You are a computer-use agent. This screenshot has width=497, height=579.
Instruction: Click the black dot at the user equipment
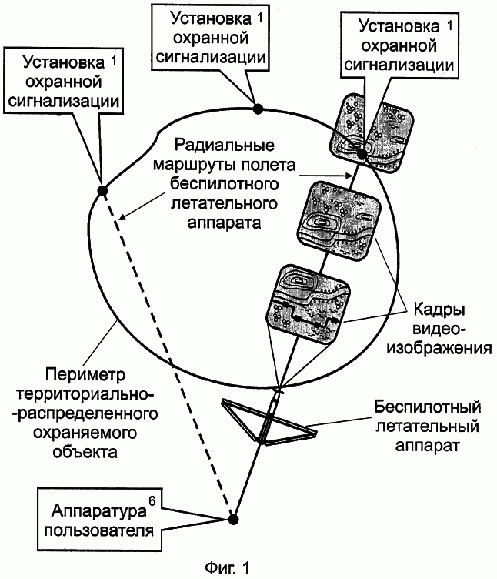233,519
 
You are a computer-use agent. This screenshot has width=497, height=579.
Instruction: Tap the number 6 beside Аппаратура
152,502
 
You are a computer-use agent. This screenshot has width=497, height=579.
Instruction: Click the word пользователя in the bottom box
99,530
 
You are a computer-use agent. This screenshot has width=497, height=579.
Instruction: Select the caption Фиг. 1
227,568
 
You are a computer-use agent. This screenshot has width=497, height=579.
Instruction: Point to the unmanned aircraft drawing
269,419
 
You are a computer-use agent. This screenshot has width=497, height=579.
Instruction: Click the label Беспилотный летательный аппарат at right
427,426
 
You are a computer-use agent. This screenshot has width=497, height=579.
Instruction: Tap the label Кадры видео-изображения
439,329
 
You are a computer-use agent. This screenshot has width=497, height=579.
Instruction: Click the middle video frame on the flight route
339,221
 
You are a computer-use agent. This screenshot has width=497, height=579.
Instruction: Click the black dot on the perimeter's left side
102,191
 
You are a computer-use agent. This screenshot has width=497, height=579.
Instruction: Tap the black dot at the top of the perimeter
258,109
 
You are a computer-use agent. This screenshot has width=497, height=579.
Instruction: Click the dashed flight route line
168,355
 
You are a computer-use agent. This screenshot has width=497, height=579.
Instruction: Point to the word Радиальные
225,145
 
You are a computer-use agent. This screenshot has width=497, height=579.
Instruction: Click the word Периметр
85,375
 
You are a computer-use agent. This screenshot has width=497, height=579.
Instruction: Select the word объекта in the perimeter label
85,452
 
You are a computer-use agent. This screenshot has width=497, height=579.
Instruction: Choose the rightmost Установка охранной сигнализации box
399,45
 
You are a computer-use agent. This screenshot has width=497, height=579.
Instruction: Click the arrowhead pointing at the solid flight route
348,176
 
